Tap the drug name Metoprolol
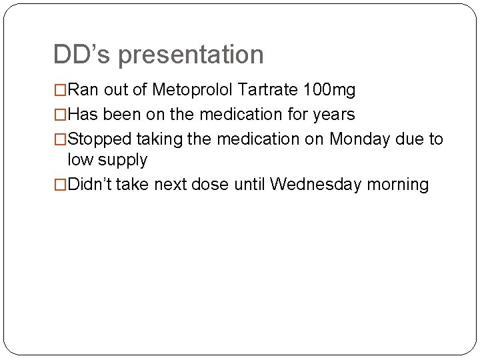192,90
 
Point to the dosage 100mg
329,90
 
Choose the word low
81,160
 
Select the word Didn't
90,185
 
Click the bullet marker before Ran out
61,90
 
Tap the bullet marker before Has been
61,115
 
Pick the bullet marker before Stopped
61,139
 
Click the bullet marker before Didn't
61,185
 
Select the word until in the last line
249,185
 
